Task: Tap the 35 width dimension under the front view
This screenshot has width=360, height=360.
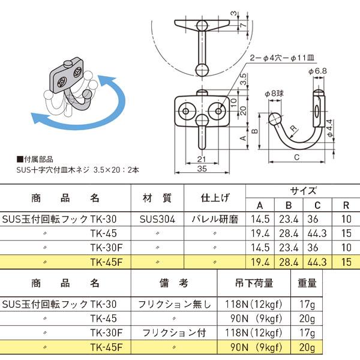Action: pos(202,170)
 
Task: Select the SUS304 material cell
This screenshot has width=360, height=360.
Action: pos(158,220)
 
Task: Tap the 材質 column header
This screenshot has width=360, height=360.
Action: pos(158,199)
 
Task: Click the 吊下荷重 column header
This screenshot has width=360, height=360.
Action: pos(259,283)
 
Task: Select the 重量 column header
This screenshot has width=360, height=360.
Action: pos(307,283)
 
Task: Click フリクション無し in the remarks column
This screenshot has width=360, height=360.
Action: pos(176,304)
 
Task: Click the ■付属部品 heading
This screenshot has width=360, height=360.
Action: pos(35,160)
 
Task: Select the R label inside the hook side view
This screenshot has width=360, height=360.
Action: pos(292,128)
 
